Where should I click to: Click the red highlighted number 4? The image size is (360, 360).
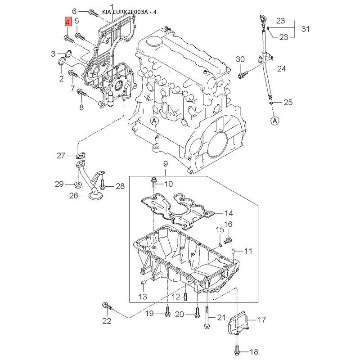pyautogui.click(x=68, y=22)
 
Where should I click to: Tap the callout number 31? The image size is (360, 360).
pyautogui.click(x=305, y=29)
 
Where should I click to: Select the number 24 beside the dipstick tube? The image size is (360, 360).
pyautogui.click(x=281, y=69)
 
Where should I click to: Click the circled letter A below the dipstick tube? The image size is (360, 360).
pyautogui.click(x=275, y=121)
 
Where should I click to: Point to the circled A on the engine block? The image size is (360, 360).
pyautogui.click(x=154, y=121)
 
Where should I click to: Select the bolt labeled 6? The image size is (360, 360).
pyautogui.click(x=93, y=13)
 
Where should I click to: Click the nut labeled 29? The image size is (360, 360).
pyautogui.click(x=78, y=184)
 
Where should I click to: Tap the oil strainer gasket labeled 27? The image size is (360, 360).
pyautogui.click(x=81, y=156)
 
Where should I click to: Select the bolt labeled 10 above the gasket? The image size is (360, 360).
pyautogui.click(x=153, y=184)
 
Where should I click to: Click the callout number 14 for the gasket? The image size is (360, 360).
pyautogui.click(x=228, y=213)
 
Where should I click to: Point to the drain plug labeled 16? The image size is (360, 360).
pyautogui.click(x=228, y=240)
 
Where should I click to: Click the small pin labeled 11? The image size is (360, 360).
pyautogui.click(x=233, y=251)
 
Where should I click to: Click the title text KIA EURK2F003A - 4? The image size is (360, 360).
pyautogui.click(x=129, y=12)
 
